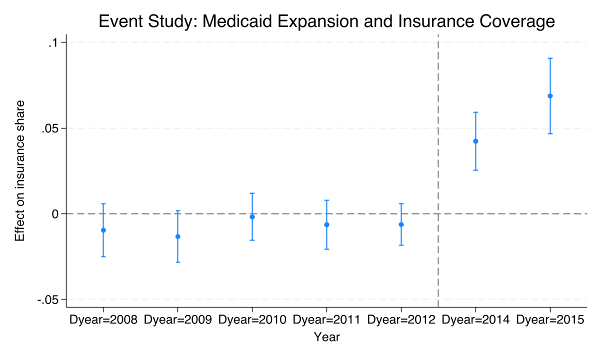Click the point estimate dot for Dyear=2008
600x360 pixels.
coord(103,230)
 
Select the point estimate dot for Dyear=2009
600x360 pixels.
coord(177,236)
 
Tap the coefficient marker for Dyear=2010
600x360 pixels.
coord(252,217)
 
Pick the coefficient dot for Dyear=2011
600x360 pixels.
coord(326,224)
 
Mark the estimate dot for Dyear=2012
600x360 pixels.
coord(401,224)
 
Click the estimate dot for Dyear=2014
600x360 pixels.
coord(475,141)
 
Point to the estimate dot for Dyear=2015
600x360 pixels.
coord(550,96)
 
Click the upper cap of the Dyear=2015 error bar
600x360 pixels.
coord(550,58)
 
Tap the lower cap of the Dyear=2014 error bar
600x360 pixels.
coord(475,170)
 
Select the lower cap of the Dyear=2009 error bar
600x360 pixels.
coord(177,262)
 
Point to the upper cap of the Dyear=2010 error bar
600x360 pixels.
coord(252,193)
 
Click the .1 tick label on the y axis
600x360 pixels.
coord(53,43)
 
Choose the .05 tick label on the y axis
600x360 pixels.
coord(50,128)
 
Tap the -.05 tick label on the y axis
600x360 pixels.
coord(48,299)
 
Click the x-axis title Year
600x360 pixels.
coord(326,337)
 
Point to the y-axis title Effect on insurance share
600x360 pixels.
coord(20,171)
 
